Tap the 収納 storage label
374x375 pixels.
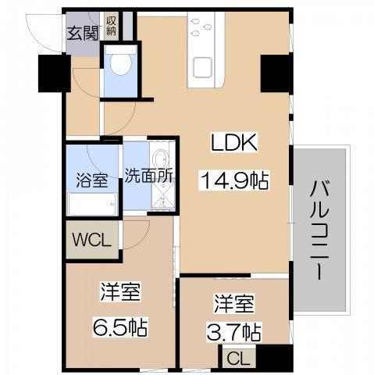point(112,27)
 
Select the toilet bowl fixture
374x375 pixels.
point(121,63)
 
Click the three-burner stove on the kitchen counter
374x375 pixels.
point(205,29)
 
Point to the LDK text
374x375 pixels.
point(232,143)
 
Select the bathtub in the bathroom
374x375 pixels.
point(92,205)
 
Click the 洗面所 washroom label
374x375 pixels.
point(149,175)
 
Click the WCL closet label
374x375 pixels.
point(92,238)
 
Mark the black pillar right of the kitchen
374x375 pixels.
point(275,72)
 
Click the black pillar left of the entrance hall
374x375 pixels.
point(52,72)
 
